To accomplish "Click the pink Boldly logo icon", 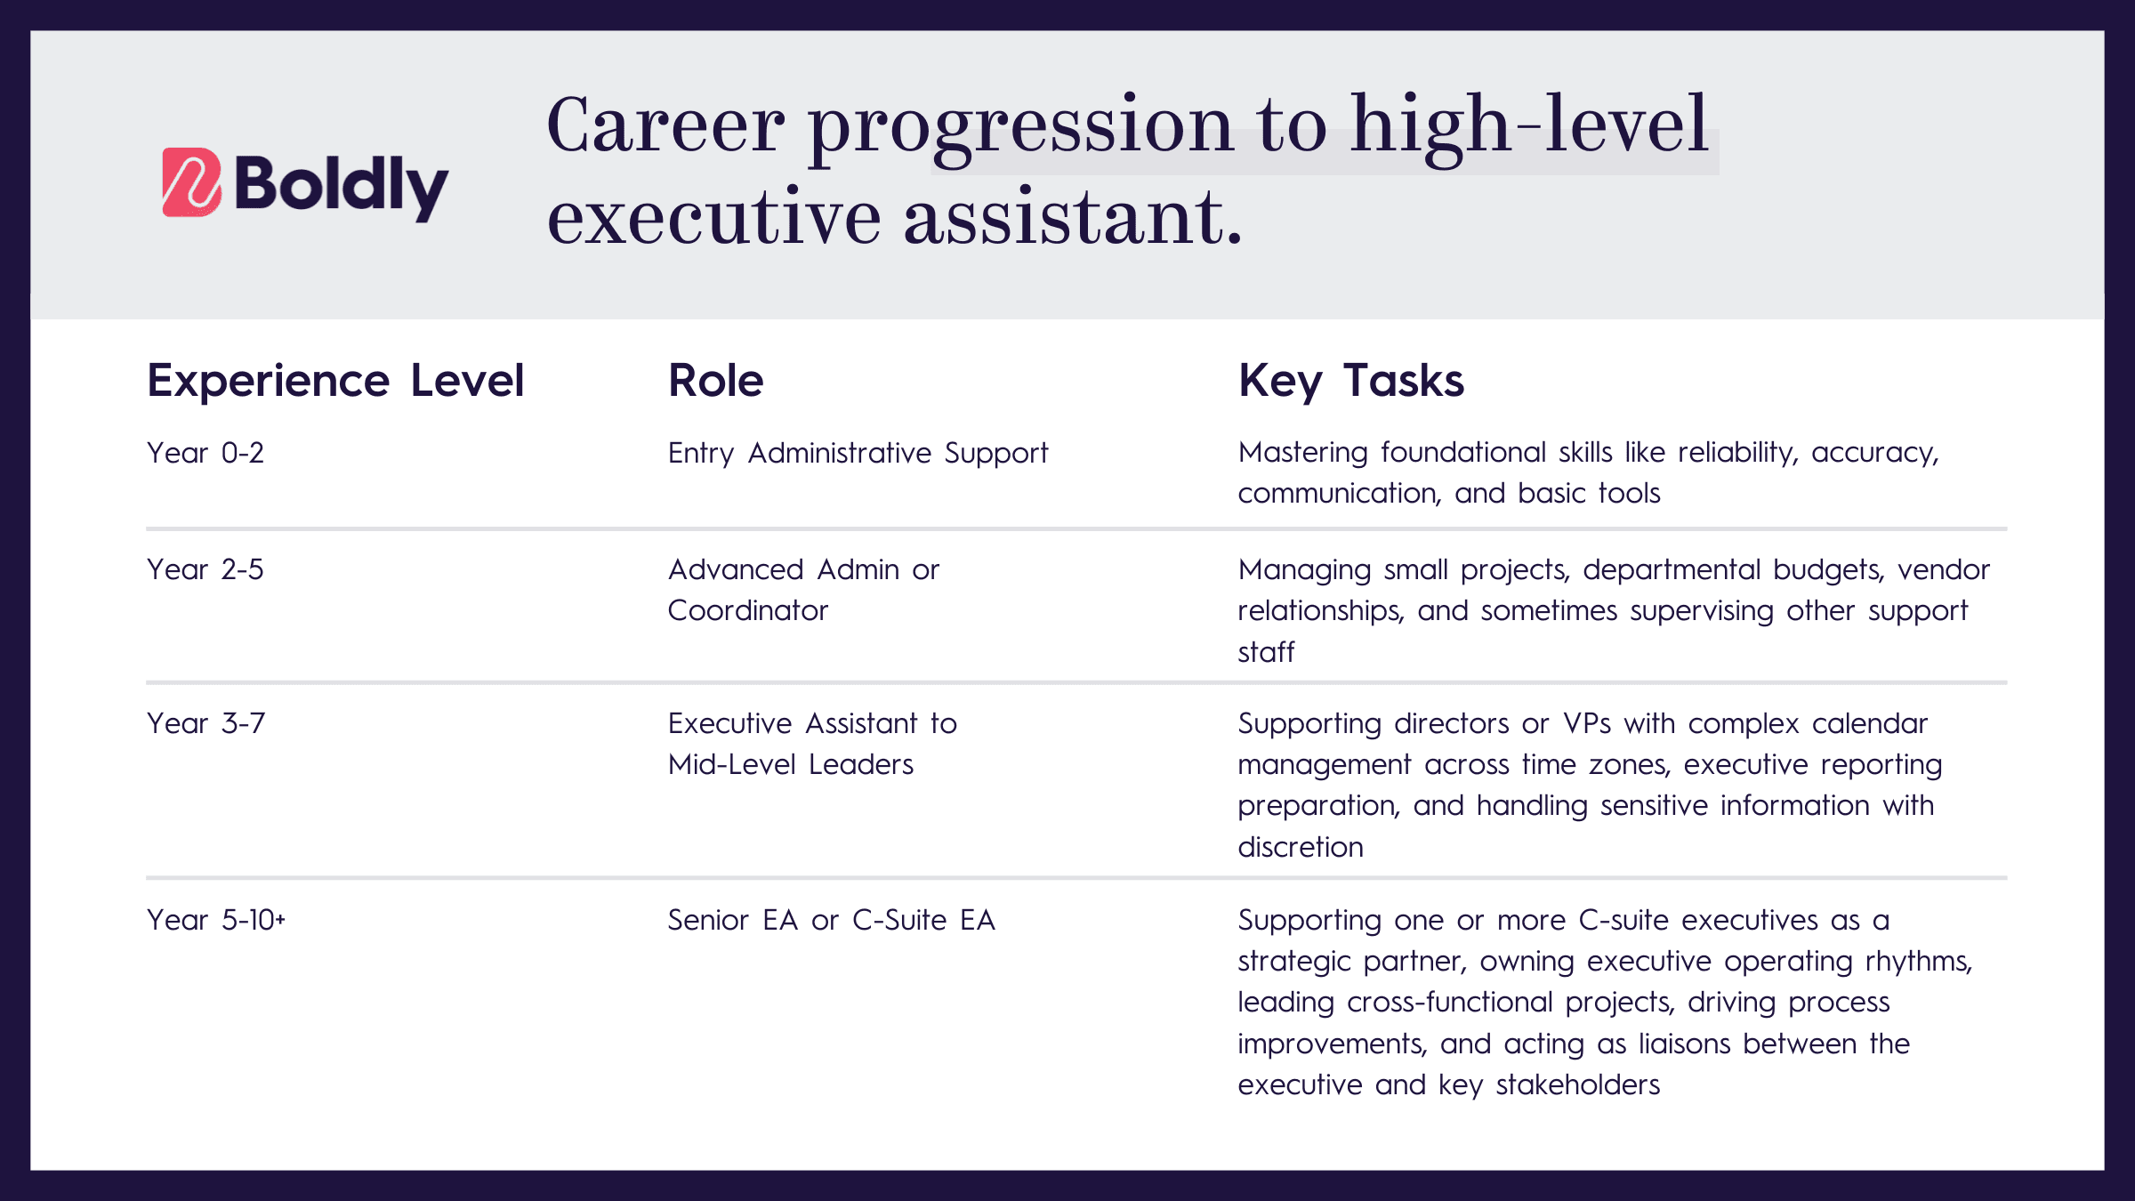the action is click(x=191, y=182).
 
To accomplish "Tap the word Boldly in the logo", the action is click(x=342, y=186).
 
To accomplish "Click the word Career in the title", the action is click(x=665, y=125).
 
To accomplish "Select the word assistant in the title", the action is click(x=1073, y=217).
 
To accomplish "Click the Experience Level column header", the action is click(x=335, y=381).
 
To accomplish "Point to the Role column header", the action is click(x=715, y=381).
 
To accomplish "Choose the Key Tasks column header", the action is click(x=1350, y=381).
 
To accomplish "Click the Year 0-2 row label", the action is click(x=205, y=453).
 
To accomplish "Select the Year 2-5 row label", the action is click(x=205, y=569).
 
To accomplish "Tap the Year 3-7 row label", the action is click(x=205, y=723).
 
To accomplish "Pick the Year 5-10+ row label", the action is click(x=216, y=920).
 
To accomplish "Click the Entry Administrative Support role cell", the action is click(x=858, y=454).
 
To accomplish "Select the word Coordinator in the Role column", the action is click(x=747, y=610).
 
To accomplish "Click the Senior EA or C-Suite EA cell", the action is click(x=831, y=920).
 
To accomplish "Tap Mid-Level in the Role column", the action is click(x=731, y=764).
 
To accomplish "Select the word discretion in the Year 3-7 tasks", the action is click(x=1300, y=847).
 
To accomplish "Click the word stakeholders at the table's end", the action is click(x=1577, y=1084).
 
